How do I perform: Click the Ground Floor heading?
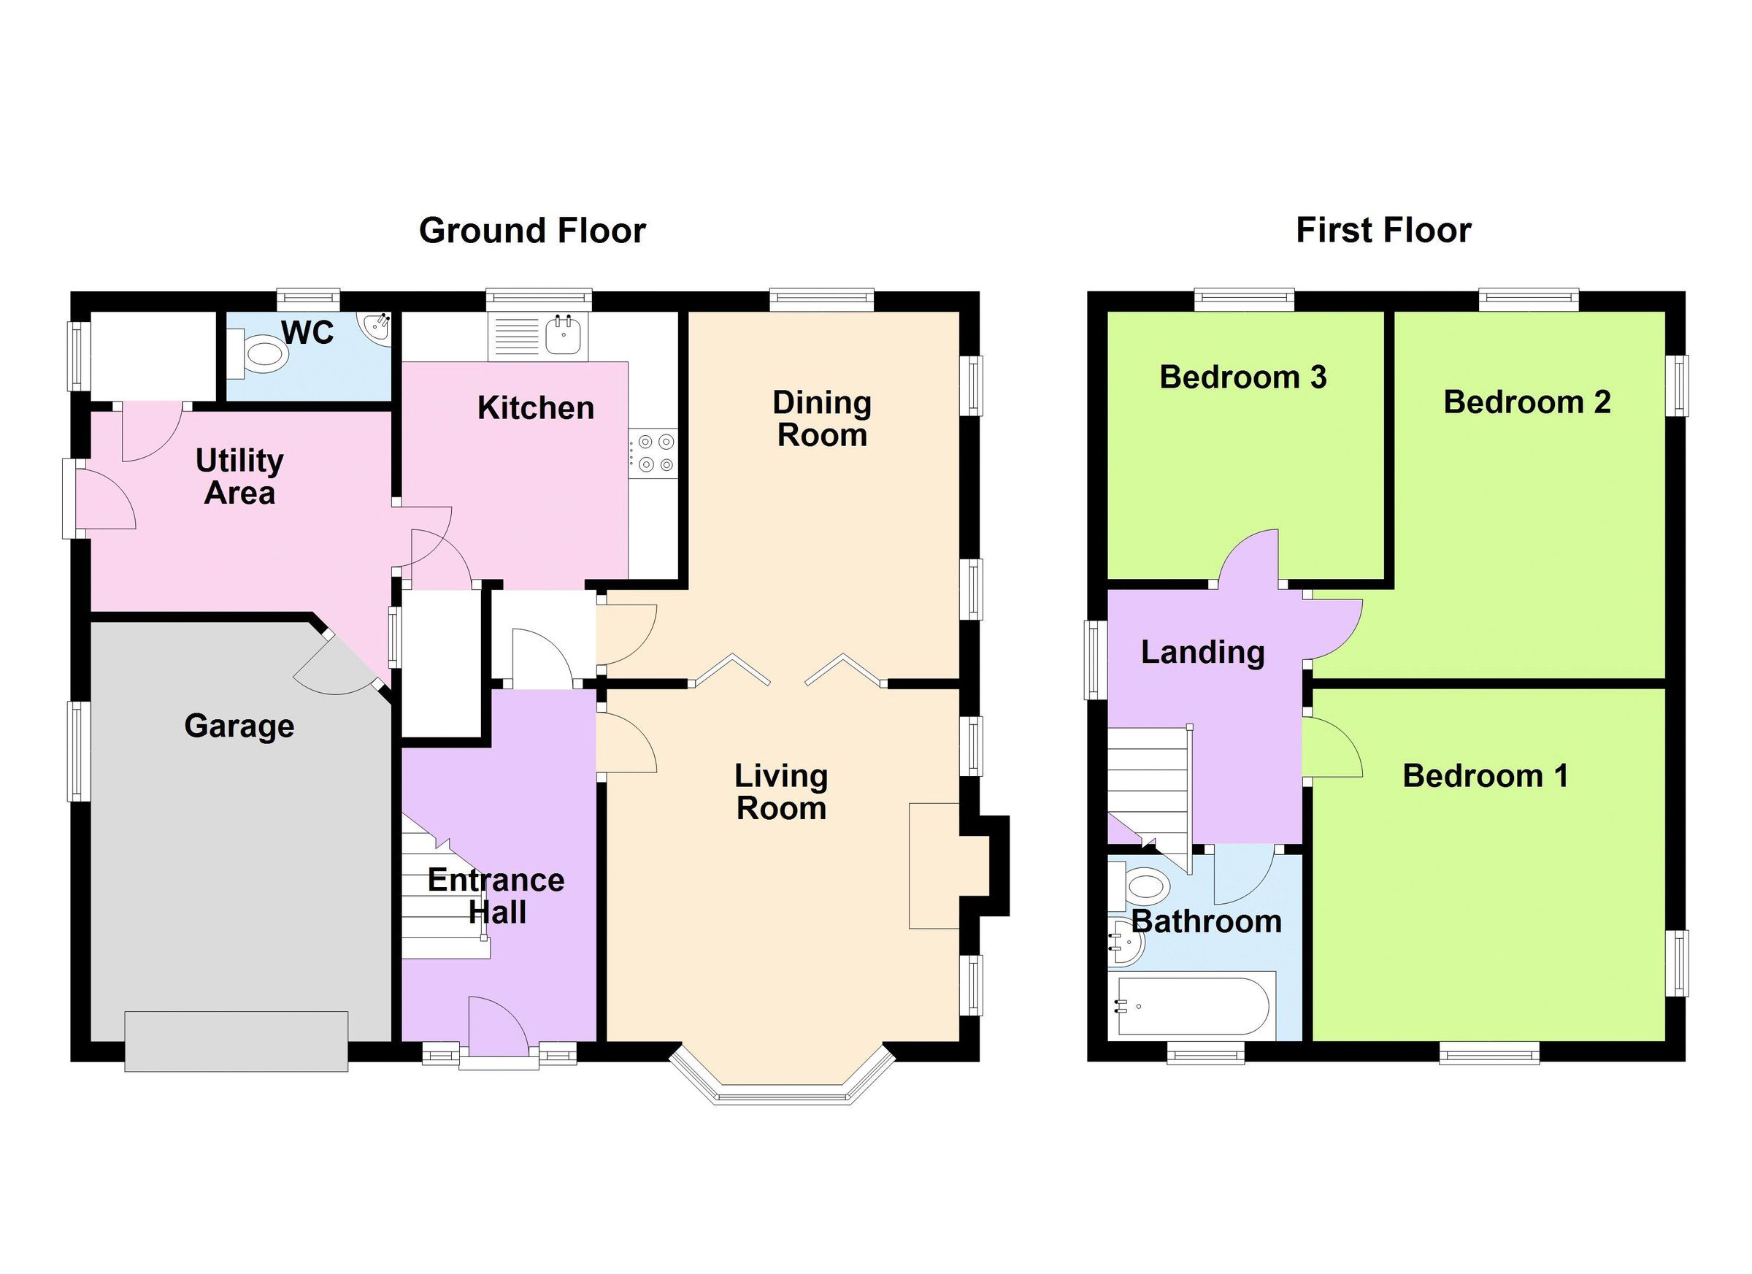[x=531, y=230]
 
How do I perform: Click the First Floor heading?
[x=1383, y=230]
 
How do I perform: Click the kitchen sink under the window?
[x=563, y=336]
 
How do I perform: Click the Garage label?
[x=239, y=726]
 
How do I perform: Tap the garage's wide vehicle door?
[x=236, y=1040]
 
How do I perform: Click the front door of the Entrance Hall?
[x=499, y=1027]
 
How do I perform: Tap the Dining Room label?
[x=822, y=419]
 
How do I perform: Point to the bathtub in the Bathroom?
[x=1190, y=1006]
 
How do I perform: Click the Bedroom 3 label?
[x=1242, y=377]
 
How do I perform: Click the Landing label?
[x=1202, y=652]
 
